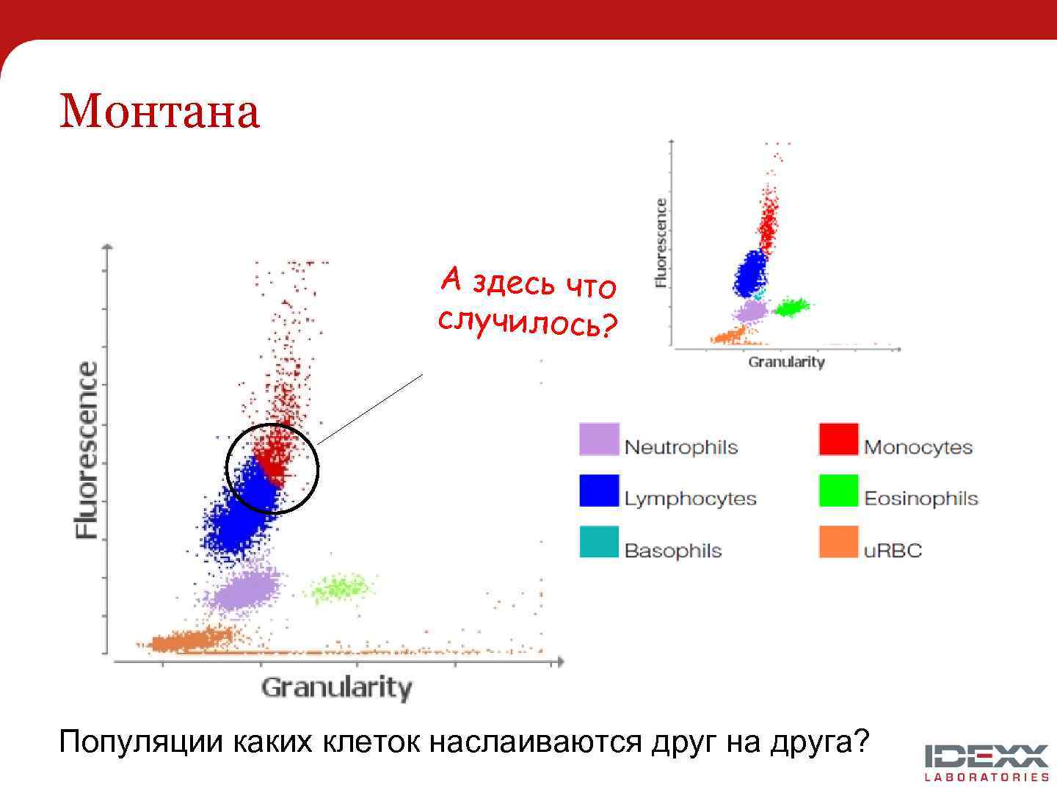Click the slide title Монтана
pos(159,111)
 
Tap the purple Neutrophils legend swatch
pos(599,439)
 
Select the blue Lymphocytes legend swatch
pos(599,490)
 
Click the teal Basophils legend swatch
pos(599,542)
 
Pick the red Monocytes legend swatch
pos(838,439)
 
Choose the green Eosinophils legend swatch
pos(838,490)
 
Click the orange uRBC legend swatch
pos(838,542)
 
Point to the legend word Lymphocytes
pos(690,499)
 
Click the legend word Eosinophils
pos(920,499)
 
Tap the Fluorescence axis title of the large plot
pos(87,450)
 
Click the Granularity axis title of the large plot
pos(336,688)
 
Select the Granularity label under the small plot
pos(786,362)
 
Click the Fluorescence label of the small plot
pos(661,242)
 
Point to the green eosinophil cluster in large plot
pos(340,587)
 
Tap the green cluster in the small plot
pos(791,307)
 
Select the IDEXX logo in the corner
pos(987,762)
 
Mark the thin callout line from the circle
pos(371,408)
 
